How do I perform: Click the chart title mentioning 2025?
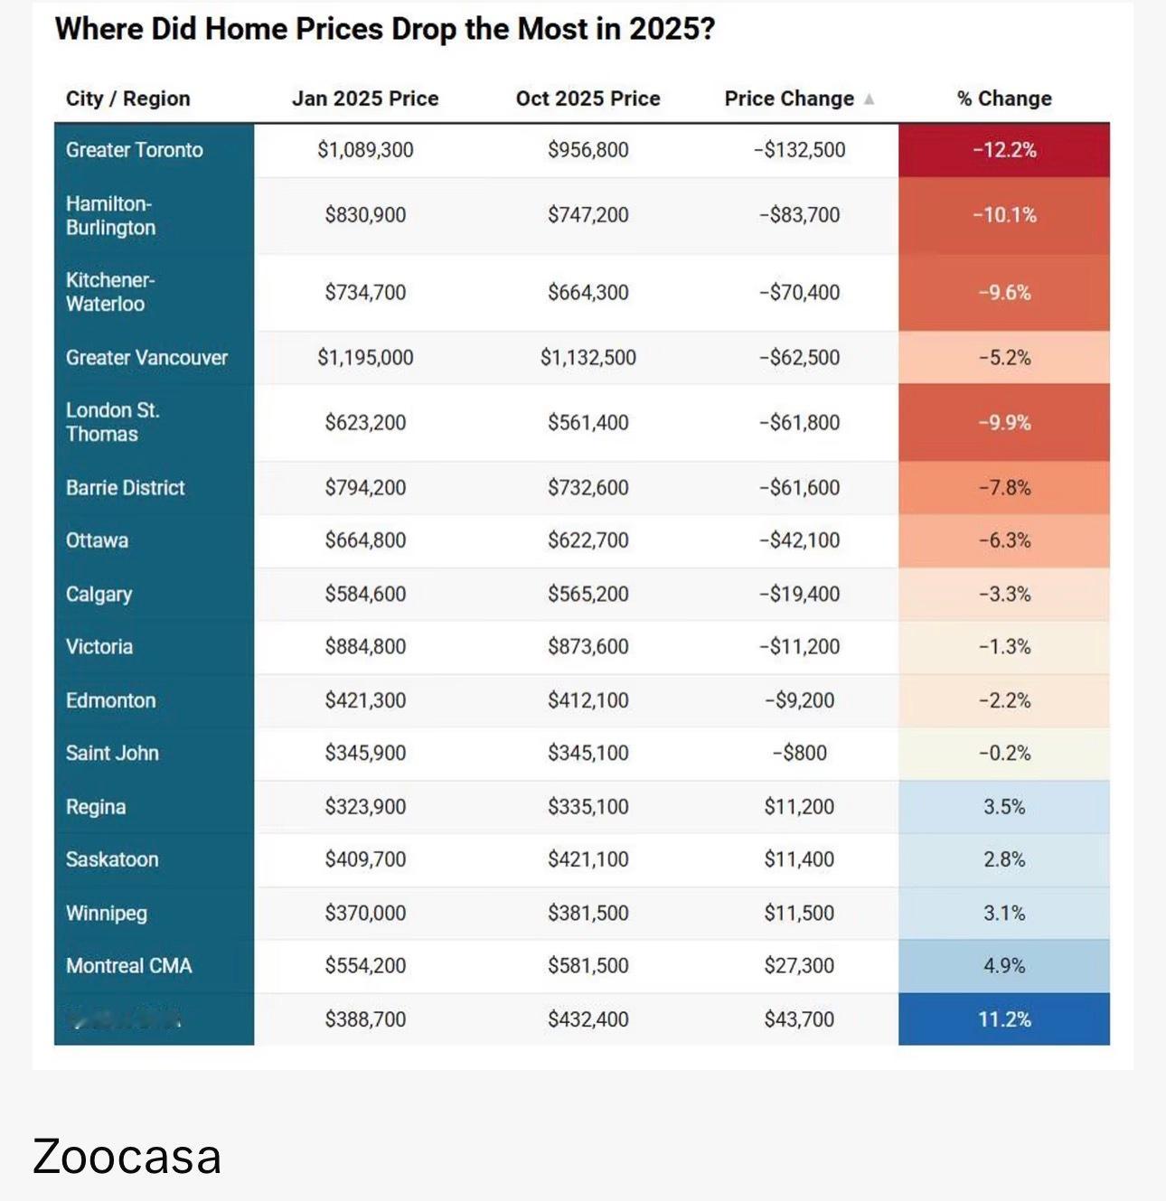click(384, 29)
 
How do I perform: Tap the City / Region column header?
click(127, 99)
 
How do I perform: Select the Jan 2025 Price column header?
click(365, 99)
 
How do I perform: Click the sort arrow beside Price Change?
click(869, 99)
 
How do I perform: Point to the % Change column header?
click(1004, 99)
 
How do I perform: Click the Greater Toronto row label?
click(134, 150)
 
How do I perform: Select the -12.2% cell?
click(1004, 150)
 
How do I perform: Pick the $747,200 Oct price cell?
click(588, 215)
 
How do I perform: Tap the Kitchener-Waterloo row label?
click(109, 292)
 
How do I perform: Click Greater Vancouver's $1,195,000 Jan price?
click(365, 358)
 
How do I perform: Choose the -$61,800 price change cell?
click(799, 423)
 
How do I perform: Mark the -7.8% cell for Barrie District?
click(1004, 488)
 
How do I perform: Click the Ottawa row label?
click(97, 540)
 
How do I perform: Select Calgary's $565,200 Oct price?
click(588, 594)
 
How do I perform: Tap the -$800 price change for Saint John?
click(799, 753)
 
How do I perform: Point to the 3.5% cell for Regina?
click(1004, 806)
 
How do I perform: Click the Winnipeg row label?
click(106, 913)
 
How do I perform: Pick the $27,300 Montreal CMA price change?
click(799, 966)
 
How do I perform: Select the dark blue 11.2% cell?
click(1004, 1019)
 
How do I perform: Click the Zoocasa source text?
click(127, 1157)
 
